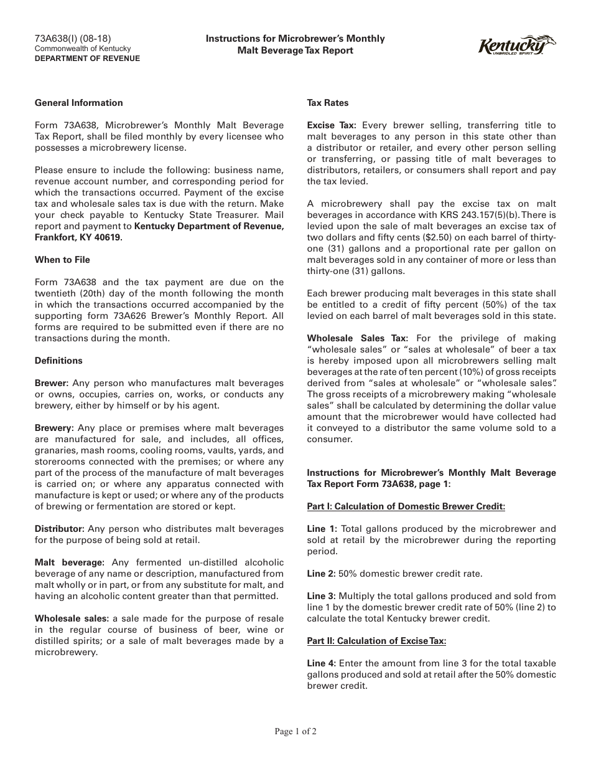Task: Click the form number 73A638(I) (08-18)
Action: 73,38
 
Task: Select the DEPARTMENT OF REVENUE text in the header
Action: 87,59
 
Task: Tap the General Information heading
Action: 79,103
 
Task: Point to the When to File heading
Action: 62,260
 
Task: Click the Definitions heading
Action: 58,361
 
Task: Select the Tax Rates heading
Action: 328,103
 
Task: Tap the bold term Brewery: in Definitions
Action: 54,428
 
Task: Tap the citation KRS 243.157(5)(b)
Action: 463,215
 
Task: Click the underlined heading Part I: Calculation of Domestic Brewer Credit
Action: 406,506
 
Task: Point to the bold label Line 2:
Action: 321,574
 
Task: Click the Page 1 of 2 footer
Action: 295,732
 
